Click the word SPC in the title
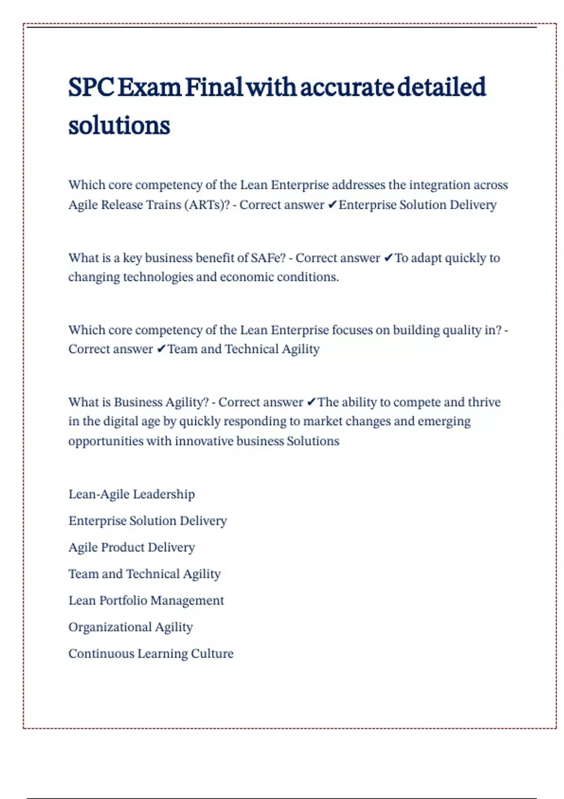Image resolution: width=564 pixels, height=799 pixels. pyautogui.click(x=91, y=87)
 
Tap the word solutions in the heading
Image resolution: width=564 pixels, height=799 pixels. pyautogui.click(x=119, y=126)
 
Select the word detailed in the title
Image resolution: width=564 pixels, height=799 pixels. pyautogui.click(x=441, y=87)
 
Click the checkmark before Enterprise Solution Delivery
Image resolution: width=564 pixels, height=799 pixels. pyautogui.click(x=332, y=205)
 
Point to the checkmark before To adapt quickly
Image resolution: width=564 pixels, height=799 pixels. pyautogui.click(x=388, y=258)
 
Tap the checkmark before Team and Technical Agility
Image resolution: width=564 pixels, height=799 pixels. pyautogui.click(x=161, y=349)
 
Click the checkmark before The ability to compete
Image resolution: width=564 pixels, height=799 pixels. pyautogui.click(x=311, y=402)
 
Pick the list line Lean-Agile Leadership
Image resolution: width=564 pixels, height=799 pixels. pyautogui.click(x=132, y=494)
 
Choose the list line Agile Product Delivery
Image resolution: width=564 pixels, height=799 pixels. pyautogui.click(x=132, y=547)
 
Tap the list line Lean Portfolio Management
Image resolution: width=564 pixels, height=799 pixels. pyautogui.click(x=146, y=600)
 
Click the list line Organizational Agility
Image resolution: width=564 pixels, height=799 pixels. pyautogui.click(x=131, y=627)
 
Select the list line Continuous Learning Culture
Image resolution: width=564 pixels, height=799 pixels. pyautogui.click(x=151, y=653)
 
